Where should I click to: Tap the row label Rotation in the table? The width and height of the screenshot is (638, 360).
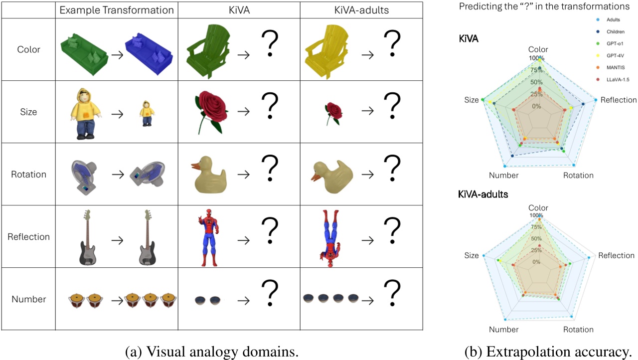tap(28, 175)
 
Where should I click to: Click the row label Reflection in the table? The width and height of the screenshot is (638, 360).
tap(28, 237)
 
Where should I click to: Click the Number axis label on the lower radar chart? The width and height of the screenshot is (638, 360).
tap(503, 330)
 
